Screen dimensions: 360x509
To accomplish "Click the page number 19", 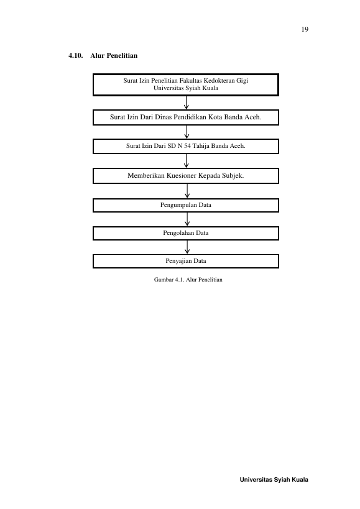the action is (305, 30).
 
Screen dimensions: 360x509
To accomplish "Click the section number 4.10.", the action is (76, 55).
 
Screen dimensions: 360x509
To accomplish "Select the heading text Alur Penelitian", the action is (114, 55).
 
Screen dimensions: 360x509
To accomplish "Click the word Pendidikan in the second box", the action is (190, 117).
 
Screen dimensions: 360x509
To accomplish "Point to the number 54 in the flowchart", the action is (187, 146).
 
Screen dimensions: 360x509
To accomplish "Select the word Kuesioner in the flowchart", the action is (182, 176).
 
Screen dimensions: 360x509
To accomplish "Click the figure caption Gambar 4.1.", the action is (188, 280).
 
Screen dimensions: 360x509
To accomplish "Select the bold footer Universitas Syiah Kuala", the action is (274, 480).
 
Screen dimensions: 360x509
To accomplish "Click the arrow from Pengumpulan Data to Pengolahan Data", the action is (187, 219).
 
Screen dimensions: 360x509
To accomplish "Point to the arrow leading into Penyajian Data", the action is (187, 247).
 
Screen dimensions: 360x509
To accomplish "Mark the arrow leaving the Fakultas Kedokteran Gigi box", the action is (186, 103).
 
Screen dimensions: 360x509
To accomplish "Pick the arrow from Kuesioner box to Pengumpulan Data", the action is (187, 191).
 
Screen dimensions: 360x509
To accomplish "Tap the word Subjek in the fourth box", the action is (233, 176).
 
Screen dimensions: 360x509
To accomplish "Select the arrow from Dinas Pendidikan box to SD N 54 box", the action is (187, 132).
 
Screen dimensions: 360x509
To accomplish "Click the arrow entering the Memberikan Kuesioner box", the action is (186, 161).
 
